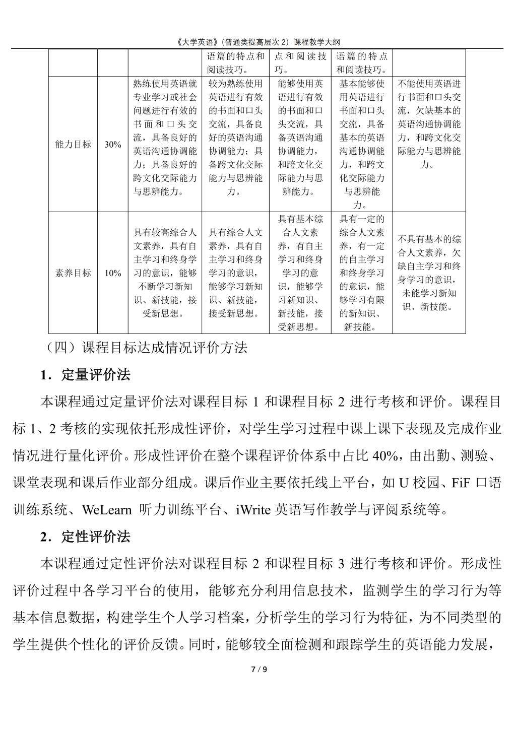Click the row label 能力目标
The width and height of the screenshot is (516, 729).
pyautogui.click(x=73, y=144)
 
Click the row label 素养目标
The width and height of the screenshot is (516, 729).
pyautogui.click(x=73, y=273)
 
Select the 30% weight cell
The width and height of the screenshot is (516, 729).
pyautogui.click(x=113, y=145)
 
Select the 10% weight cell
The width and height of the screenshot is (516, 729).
pyautogui.click(x=113, y=273)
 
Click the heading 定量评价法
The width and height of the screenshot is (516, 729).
pyautogui.click(x=95, y=375)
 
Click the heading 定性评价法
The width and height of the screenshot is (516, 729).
pyautogui.click(x=95, y=537)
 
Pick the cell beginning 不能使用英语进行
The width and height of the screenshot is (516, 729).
pyautogui.click(x=429, y=124)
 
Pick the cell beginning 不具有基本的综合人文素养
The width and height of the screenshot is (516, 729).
pyautogui.click(x=429, y=273)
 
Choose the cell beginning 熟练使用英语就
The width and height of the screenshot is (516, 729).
pyautogui.click(x=165, y=137)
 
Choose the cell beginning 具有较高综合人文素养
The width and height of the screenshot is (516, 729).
pyautogui.click(x=165, y=273)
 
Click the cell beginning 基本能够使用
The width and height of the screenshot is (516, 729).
pyautogui.click(x=361, y=144)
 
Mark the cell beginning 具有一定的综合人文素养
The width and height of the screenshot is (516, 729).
pyautogui.click(x=361, y=273)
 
